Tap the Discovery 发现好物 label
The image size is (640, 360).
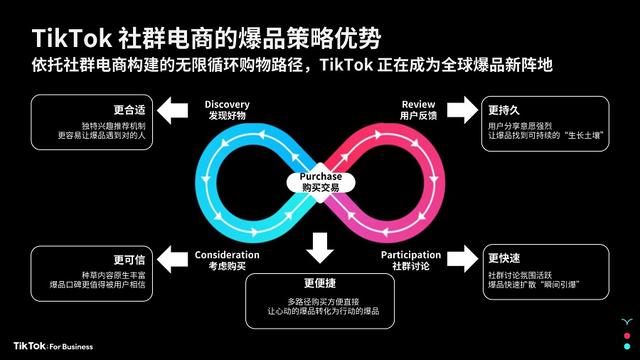[227, 109]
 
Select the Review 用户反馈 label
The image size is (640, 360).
[419, 109]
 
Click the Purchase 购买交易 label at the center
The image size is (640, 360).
[321, 180]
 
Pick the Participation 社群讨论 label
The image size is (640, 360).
[411, 259]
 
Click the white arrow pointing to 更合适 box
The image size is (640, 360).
[175, 108]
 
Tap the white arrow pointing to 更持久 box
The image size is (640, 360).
[464, 108]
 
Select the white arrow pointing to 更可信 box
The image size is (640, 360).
[175, 258]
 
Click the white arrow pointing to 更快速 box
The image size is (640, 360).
[464, 258]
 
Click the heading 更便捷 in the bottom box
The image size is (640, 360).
[320, 282]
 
